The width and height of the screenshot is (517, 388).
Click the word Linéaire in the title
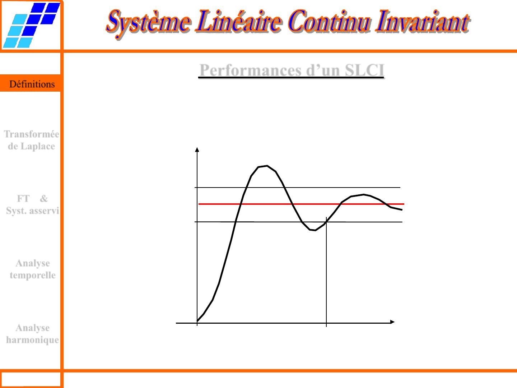point(238,21)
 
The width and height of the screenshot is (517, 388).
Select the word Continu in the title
point(329,21)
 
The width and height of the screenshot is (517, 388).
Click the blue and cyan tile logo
point(32,25)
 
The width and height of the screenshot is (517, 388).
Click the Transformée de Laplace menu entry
point(32,140)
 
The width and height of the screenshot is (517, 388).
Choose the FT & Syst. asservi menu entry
point(32,204)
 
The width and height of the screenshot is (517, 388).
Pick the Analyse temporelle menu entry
point(33,269)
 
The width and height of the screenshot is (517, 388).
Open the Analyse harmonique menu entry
point(33,334)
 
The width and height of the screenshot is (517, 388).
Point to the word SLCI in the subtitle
point(365,70)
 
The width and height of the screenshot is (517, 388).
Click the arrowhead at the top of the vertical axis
point(197,149)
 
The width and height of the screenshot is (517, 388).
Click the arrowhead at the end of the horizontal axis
point(392,322)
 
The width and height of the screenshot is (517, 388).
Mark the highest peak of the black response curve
point(267,166)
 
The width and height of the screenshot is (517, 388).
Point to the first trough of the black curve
point(315,230)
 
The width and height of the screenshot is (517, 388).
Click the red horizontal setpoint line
point(302,204)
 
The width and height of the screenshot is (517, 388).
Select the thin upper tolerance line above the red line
point(297,188)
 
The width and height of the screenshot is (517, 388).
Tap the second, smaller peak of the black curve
point(364,195)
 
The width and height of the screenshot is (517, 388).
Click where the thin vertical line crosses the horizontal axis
point(326,323)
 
